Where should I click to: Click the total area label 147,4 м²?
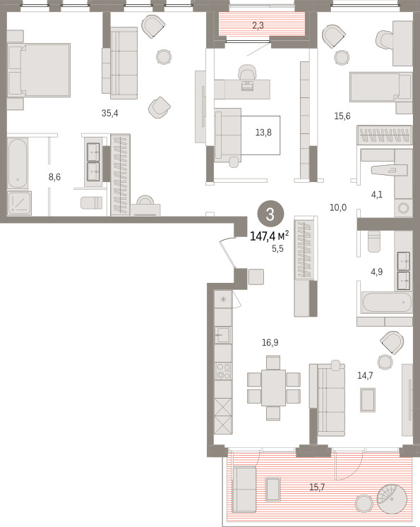point(270,236)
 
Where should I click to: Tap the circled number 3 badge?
point(270,214)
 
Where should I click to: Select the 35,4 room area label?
point(110,114)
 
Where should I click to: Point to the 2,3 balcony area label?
point(258,25)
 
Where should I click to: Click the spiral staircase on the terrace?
point(391,499)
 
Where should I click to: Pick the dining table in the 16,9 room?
point(273,388)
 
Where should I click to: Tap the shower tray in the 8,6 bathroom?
point(20,203)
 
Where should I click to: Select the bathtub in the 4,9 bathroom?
point(386,303)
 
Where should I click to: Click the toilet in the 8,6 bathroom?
point(92,202)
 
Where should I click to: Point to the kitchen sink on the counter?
point(223,334)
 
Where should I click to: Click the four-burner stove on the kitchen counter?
point(223,371)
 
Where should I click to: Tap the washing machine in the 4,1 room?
point(404,208)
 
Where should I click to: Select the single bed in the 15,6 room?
point(380,87)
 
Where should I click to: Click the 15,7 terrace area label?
point(317,487)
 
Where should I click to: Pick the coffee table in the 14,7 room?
point(368,399)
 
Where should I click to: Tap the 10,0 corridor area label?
point(338,207)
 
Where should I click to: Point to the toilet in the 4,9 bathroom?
point(374,242)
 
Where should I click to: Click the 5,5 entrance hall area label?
point(277,249)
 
